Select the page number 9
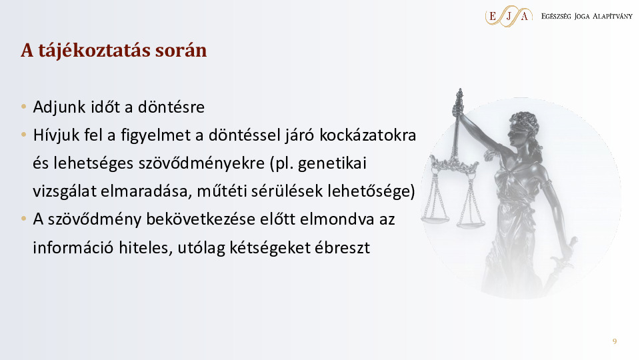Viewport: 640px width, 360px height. tap(615, 341)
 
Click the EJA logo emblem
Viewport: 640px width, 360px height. tap(509, 16)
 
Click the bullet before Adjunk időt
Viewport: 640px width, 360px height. tap(24, 107)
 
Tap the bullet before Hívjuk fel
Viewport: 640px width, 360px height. tap(24, 135)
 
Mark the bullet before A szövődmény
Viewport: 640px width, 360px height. tap(24, 219)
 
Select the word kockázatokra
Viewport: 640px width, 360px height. tap(368, 135)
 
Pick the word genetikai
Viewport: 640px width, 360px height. tap(332, 163)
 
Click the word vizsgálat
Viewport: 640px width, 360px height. tap(65, 191)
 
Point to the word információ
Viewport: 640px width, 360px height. tap(73, 247)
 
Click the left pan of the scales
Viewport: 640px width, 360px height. tap(435, 220)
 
